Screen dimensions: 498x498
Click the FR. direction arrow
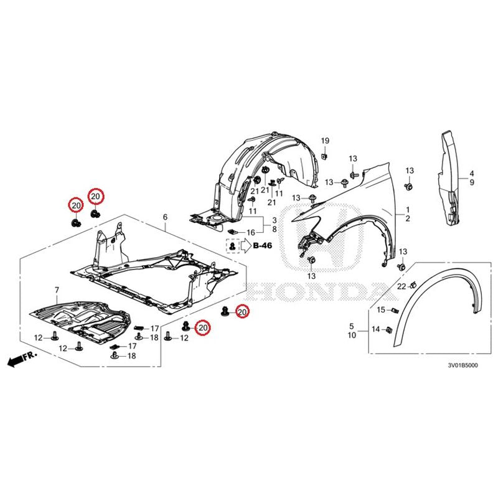(22, 359)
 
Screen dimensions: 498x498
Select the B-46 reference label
(262, 245)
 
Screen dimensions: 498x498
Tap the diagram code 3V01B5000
(463, 365)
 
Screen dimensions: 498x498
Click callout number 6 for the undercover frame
(165, 217)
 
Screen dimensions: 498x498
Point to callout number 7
(57, 290)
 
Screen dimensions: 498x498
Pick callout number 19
(325, 141)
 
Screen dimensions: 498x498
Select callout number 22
(402, 286)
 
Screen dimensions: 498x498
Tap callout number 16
(251, 232)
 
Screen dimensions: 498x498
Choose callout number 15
(381, 309)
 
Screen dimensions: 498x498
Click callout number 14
(376, 329)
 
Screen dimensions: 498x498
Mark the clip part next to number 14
(388, 330)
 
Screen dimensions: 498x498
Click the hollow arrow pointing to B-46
(245, 245)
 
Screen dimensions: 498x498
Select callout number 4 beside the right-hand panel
(472, 174)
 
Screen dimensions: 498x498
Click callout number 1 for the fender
(408, 210)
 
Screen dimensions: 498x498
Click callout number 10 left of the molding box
(352, 335)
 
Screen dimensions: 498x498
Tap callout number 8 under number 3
(275, 229)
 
